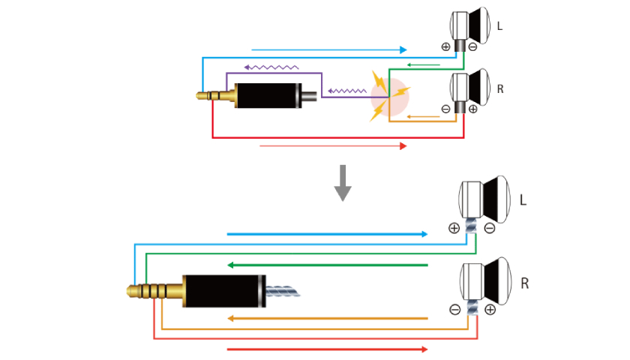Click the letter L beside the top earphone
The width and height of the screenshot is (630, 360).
click(499, 25)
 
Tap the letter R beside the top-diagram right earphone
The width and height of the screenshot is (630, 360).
click(500, 88)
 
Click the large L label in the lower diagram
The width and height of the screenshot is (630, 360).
click(523, 201)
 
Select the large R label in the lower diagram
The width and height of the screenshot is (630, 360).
click(524, 284)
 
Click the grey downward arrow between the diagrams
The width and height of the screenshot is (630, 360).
click(343, 183)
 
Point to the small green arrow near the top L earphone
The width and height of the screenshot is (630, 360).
click(424, 65)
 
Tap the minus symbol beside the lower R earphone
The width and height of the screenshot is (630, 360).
click(454, 308)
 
